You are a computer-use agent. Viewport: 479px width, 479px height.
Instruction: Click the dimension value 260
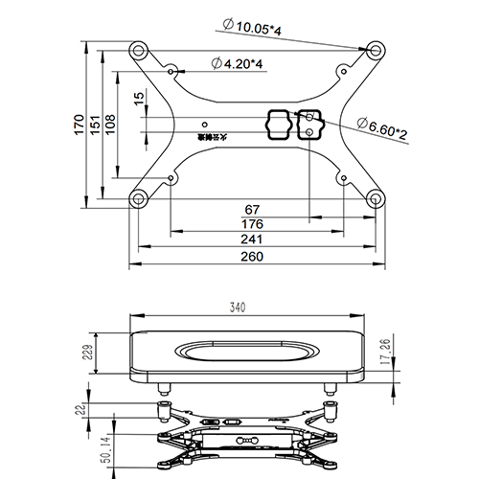(x=254, y=256)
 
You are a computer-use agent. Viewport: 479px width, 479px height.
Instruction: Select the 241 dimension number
(x=254, y=239)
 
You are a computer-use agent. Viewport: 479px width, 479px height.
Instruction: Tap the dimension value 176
(x=254, y=224)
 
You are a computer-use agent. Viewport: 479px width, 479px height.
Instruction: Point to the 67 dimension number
(x=254, y=209)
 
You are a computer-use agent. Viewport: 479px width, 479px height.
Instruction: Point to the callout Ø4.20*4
(x=237, y=63)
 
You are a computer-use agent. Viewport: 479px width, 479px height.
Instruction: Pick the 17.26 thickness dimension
(x=386, y=352)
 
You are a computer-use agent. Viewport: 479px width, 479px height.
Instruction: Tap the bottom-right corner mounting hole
(x=376, y=198)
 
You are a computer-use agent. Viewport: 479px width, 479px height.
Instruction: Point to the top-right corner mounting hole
(x=376, y=48)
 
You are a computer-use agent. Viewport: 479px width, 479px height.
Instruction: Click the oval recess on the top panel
(x=248, y=351)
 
